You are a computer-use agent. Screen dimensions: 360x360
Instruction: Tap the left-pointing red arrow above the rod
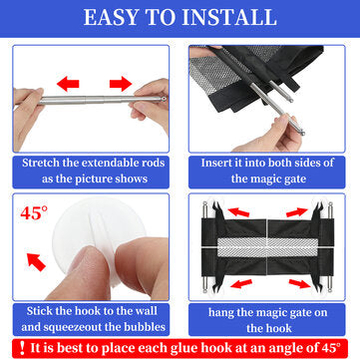tap(68, 84)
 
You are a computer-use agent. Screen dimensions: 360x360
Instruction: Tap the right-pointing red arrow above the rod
tap(121, 84)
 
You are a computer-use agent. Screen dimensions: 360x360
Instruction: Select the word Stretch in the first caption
tap(42, 163)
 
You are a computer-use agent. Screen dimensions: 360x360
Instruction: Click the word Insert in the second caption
tap(215, 163)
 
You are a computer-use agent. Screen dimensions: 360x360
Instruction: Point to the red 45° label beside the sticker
tap(34, 213)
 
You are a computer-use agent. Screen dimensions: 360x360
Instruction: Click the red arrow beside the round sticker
tap(36, 262)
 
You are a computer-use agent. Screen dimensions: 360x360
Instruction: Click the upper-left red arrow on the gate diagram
tap(238, 211)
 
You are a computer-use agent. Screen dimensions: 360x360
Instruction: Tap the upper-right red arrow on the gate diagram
tap(297, 212)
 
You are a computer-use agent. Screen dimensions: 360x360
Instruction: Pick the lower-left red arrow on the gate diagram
tap(241, 283)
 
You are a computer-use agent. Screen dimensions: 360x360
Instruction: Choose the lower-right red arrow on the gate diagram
tap(300, 283)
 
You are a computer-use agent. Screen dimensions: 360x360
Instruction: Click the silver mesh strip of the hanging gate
tap(268, 246)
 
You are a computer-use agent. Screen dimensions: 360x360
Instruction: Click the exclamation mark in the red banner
tap(22, 348)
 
